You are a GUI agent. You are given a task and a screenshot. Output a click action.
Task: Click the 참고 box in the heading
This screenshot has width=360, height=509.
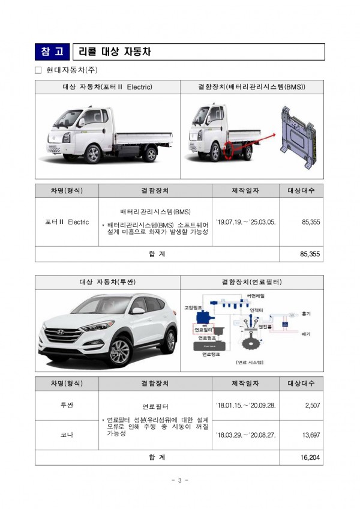[x=52, y=52]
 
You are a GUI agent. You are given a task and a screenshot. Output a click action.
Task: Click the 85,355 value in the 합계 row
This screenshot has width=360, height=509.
[x=310, y=254]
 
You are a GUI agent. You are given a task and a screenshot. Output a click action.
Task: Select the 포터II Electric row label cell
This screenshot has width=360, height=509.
[x=67, y=222]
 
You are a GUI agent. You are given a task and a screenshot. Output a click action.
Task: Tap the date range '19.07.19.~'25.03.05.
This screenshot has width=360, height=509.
[x=245, y=222]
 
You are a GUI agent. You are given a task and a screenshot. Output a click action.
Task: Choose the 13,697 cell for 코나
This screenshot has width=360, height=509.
[x=310, y=435]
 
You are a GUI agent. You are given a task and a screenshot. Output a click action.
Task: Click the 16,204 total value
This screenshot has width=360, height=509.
[x=310, y=457]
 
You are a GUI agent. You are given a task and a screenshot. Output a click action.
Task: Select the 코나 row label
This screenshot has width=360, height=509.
[x=67, y=435]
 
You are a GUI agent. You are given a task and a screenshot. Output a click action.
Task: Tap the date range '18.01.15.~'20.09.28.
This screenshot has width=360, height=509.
[x=245, y=406]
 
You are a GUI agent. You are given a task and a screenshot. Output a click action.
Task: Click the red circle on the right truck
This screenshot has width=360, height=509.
[x=229, y=150]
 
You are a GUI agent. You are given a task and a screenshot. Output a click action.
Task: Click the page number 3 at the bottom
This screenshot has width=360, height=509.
[x=180, y=480]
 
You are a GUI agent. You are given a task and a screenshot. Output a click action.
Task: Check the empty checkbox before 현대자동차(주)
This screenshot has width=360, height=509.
[x=38, y=70]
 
